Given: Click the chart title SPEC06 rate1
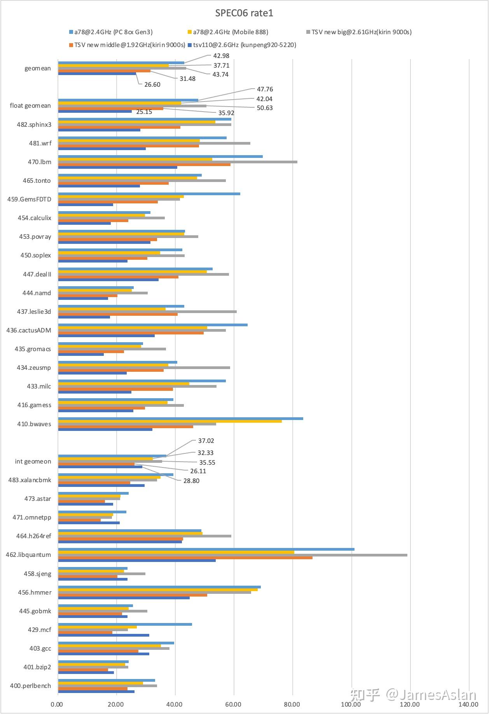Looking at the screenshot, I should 244,13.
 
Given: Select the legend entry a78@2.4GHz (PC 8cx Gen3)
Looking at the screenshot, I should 113,32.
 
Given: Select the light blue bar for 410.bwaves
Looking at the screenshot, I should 180,418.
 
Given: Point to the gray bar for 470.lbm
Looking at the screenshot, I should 178,162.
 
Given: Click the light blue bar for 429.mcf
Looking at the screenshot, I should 125,625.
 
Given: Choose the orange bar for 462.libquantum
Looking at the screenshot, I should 185,558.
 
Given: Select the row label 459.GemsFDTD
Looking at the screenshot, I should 29,199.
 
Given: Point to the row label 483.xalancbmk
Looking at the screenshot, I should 30,480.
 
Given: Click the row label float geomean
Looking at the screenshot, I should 30,106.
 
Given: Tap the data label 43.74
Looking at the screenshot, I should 220,75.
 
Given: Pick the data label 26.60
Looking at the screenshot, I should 152,85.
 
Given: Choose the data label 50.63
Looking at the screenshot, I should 265,108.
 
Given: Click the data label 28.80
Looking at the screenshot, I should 191,481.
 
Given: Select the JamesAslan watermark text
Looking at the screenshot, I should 431,695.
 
